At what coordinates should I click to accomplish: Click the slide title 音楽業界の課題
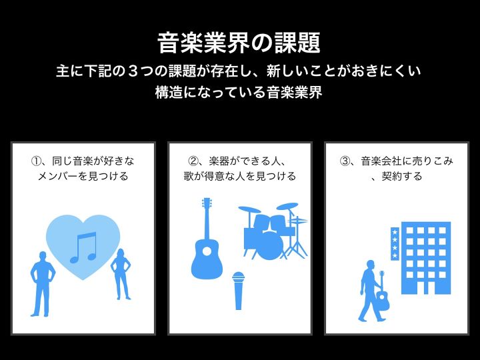239,43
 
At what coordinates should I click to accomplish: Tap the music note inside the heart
83,247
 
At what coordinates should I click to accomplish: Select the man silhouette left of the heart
43,284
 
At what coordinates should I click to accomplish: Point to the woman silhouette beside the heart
121,274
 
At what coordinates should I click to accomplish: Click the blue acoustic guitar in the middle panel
207,239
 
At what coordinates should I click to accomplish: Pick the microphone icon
238,291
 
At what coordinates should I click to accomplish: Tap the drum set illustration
273,231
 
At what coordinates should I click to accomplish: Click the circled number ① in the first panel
36,161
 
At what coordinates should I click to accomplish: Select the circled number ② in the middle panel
193,161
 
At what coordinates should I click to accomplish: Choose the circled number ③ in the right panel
345,161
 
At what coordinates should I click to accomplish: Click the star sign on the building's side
395,244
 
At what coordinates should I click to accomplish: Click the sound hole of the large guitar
207,251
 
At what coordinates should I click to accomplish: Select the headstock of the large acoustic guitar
207,203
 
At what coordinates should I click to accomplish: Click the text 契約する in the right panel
401,176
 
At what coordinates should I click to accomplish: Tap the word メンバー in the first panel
57,176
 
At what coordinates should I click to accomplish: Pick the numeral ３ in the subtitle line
132,71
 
